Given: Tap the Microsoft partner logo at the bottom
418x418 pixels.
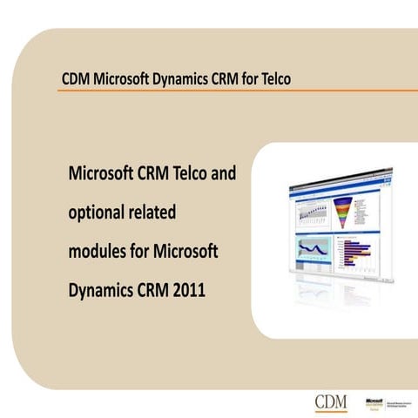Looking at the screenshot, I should click(x=367, y=402).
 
